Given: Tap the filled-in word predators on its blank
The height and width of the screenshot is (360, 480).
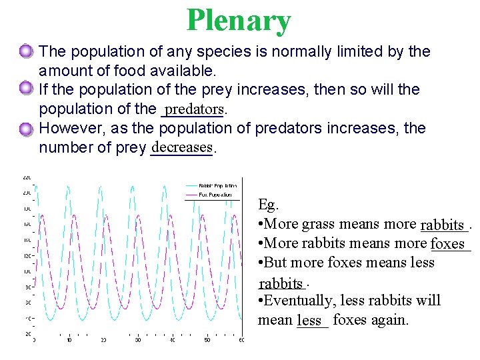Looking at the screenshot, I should tap(194, 108).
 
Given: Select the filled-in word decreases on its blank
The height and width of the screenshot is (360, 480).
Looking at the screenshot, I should tap(181, 146).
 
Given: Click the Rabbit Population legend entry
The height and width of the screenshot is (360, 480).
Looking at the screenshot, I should tap(218, 185).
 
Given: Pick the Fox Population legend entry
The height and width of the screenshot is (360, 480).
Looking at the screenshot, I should tap(216, 195).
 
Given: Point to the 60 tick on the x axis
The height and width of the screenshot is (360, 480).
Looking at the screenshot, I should tap(241, 340).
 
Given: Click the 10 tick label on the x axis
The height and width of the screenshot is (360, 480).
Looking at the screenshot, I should tap(69, 340).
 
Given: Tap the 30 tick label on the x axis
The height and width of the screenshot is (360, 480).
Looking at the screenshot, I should tap(138, 340).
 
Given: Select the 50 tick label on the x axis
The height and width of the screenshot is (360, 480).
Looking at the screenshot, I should tap(207, 340).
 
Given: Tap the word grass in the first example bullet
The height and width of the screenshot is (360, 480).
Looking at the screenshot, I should tap(319, 224).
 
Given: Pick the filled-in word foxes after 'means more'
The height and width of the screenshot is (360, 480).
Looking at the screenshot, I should tap(449, 244).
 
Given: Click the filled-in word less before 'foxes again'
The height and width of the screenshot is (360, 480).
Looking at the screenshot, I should tap(310, 321).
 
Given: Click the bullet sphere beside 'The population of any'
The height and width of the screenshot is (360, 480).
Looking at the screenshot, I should tap(26, 50).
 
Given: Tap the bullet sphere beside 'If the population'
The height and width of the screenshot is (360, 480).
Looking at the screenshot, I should tap(26, 88).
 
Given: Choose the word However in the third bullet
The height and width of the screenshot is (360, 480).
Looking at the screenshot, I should tap(68, 127).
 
